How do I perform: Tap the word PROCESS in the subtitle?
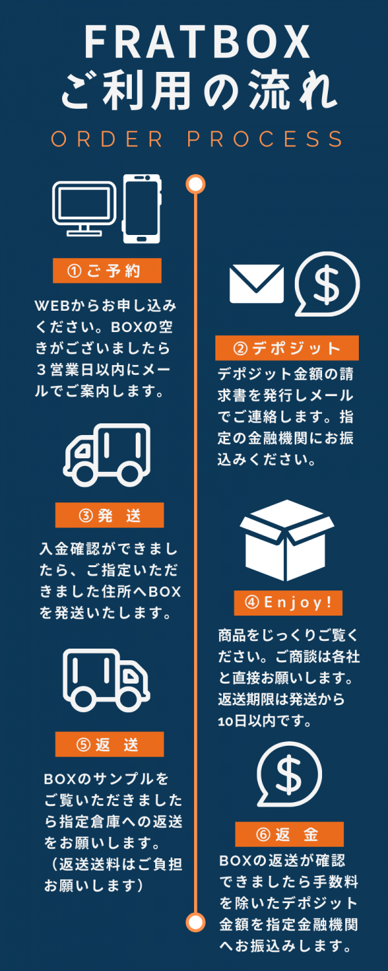coord(266,139)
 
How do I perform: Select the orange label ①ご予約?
coord(107,271)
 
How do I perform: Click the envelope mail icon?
coord(257,284)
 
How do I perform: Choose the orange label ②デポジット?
coord(286,348)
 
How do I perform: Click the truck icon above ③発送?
coord(107,455)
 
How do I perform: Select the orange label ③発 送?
coord(109,515)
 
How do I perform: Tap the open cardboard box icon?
coord(286,541)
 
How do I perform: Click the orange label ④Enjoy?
coord(288,603)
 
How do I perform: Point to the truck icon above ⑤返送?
coord(106,680)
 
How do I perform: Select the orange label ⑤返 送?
coord(109,744)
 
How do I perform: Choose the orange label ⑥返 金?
coord(288,834)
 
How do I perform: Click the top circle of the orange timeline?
coord(195,184)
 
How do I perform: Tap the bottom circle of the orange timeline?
coord(195,921)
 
